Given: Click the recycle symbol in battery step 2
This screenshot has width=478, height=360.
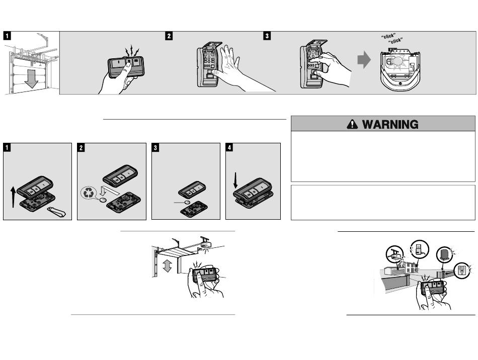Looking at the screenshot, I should coord(90,192).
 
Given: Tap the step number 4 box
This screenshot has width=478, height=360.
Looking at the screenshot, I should coord(229,148).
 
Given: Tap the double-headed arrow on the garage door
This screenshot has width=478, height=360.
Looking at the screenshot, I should coord(168,265).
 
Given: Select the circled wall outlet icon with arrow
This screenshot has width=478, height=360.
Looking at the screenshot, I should coord(462,271).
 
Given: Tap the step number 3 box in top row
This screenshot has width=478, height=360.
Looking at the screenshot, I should coord(267,36).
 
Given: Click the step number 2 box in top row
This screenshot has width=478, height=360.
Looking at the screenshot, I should coord(169,36).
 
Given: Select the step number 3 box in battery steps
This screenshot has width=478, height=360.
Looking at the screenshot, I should coord(155,148).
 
